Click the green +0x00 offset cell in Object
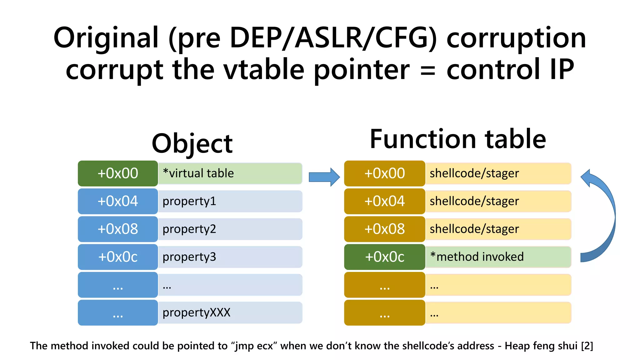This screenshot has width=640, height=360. pyautogui.click(x=118, y=173)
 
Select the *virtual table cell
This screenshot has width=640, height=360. pyautogui.click(x=230, y=173)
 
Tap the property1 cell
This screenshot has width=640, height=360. pyautogui.click(x=230, y=201)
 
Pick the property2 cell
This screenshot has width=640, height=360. pyautogui.click(x=230, y=229)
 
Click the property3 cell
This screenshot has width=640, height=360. pyautogui.click(x=230, y=257)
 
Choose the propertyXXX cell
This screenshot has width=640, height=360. pyautogui.click(x=230, y=312)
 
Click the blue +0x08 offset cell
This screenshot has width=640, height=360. pyautogui.click(x=118, y=229)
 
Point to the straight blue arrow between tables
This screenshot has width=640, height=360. pyautogui.click(x=324, y=177)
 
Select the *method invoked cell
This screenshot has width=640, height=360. pyautogui.click(x=498, y=257)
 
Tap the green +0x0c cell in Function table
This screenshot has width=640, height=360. pyautogui.click(x=384, y=257)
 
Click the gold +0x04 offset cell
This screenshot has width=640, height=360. pyautogui.click(x=384, y=201)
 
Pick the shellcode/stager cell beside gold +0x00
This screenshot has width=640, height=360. pyautogui.click(x=498, y=173)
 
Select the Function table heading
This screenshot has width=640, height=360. pyautogui.click(x=457, y=139)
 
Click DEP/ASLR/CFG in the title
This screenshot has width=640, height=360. pyautogui.click(x=332, y=38)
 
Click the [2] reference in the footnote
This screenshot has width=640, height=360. pyautogui.click(x=587, y=346)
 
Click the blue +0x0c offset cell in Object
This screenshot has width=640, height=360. pyautogui.click(x=118, y=257)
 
